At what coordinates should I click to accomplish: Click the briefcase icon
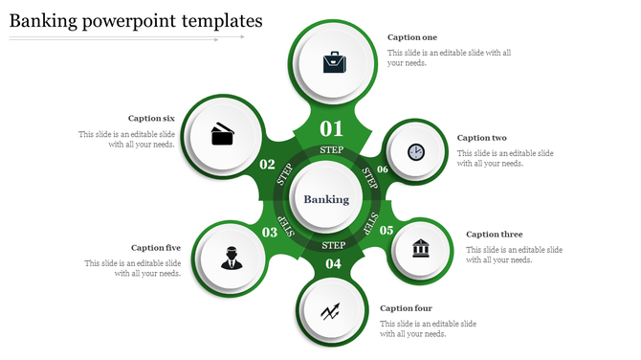[335, 63]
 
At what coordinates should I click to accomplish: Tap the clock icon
[415, 151]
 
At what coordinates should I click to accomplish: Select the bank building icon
[421, 249]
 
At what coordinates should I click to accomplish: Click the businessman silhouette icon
[232, 258]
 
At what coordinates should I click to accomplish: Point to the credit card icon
[223, 133]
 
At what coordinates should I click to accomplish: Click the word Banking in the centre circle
[326, 199]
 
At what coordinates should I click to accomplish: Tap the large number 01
[331, 128]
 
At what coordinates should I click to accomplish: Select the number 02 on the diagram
[268, 165]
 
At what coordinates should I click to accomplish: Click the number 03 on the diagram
[269, 232]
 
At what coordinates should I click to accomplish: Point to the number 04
[333, 264]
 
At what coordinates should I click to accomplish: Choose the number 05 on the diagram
[387, 230]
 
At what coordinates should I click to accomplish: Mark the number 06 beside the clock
[383, 169]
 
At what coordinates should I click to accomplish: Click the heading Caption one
[412, 37]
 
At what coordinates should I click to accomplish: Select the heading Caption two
[482, 138]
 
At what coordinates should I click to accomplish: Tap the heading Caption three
[494, 234]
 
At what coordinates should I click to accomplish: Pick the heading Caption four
[406, 308]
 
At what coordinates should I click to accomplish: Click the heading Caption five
[156, 248]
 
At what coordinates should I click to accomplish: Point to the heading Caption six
[151, 119]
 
